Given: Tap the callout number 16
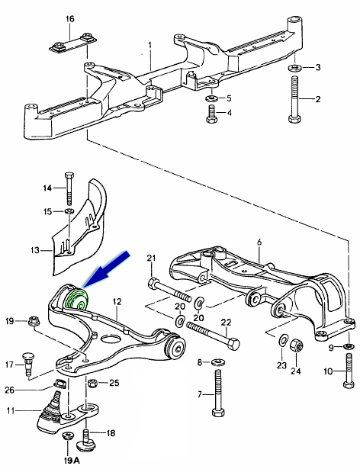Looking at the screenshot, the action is pos(69,19).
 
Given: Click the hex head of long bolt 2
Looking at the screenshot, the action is pos(294,118).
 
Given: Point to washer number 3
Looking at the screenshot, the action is pos(294,68).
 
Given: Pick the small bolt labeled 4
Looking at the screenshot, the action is pos(211,114).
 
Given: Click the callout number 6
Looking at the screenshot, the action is pos(259,243).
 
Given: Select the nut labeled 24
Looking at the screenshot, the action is pos(296,345).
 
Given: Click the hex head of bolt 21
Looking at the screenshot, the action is pos(153,283).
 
